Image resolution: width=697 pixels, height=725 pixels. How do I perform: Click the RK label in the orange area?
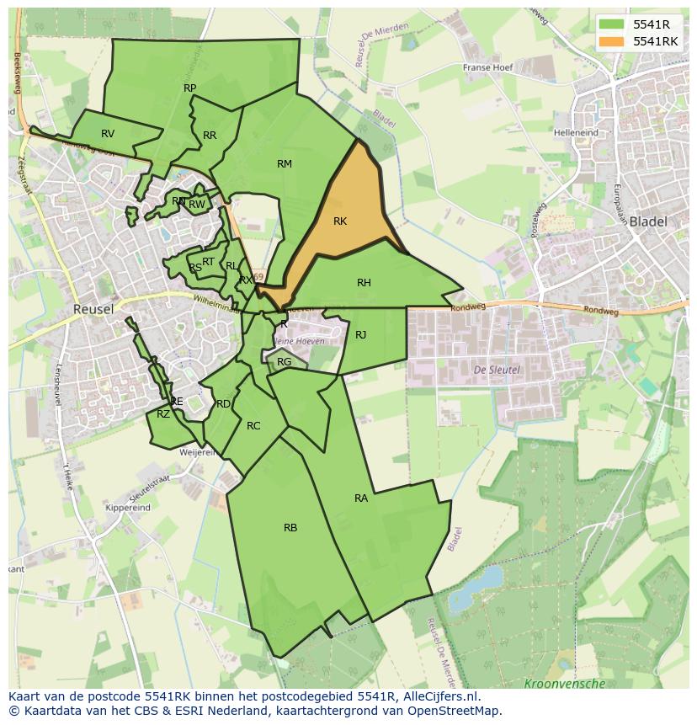[340, 221]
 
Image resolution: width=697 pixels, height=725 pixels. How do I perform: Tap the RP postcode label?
[189, 88]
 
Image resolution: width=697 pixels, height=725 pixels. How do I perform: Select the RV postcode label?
[108, 134]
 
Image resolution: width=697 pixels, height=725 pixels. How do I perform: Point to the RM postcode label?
[285, 164]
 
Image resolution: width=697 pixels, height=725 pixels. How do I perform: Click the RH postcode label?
[364, 283]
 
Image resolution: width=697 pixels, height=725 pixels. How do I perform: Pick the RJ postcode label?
[360, 335]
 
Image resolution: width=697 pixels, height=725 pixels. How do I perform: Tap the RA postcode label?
[361, 498]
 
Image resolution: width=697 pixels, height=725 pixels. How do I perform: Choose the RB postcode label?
[290, 528]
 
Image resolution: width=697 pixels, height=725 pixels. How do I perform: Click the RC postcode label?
[253, 426]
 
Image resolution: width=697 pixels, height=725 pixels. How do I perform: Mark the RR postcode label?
[210, 136]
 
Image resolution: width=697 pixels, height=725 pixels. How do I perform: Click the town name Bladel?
[647, 222]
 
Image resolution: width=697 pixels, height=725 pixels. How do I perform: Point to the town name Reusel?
[93, 309]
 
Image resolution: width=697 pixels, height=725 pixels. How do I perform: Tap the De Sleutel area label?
[497, 370]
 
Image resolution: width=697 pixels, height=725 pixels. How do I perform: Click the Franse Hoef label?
[487, 67]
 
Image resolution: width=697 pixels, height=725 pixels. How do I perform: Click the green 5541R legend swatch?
[611, 24]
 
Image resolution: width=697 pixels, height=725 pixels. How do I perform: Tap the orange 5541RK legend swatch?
[611, 40]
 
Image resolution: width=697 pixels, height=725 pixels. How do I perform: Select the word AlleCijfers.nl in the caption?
[439, 697]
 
